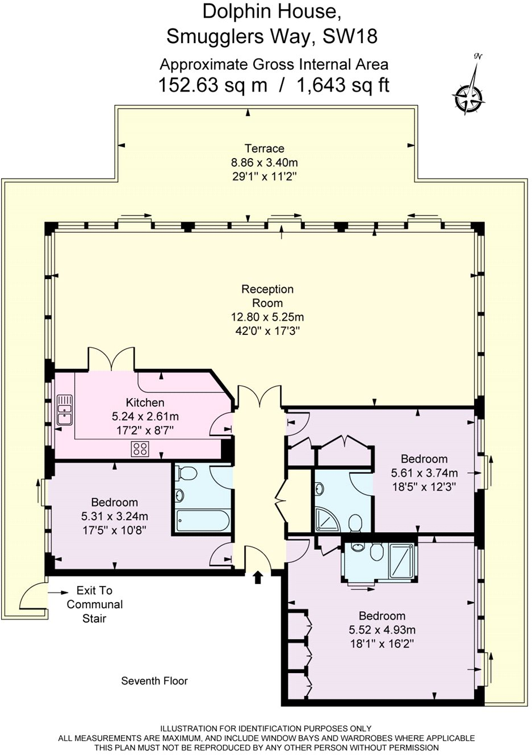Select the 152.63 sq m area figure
tap(212, 85)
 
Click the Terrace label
tap(264, 148)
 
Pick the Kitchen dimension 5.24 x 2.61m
tap(145, 417)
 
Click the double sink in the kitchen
tap(65, 410)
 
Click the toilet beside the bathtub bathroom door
tap(187, 473)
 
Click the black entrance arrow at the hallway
tap(258, 578)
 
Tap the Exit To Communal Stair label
tap(94, 604)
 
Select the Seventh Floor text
tap(154, 681)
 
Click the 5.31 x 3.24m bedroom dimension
tap(115, 517)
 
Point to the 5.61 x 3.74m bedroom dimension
tap(424, 473)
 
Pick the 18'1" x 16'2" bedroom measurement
tap(382, 644)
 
